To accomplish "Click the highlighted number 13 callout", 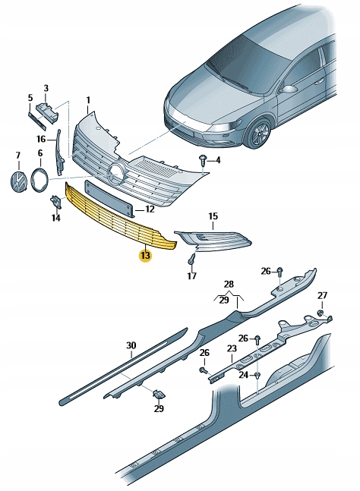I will click(x=145, y=256).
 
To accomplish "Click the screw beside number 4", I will click(x=203, y=159).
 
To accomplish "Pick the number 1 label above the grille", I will click(x=87, y=100).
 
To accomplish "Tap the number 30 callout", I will click(x=131, y=346).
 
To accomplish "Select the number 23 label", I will click(x=231, y=349).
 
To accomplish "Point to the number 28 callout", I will click(x=229, y=285).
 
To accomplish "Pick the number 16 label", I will click(x=41, y=139).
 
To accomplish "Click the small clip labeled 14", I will click(x=55, y=202).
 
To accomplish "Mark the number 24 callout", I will click(x=244, y=374).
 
